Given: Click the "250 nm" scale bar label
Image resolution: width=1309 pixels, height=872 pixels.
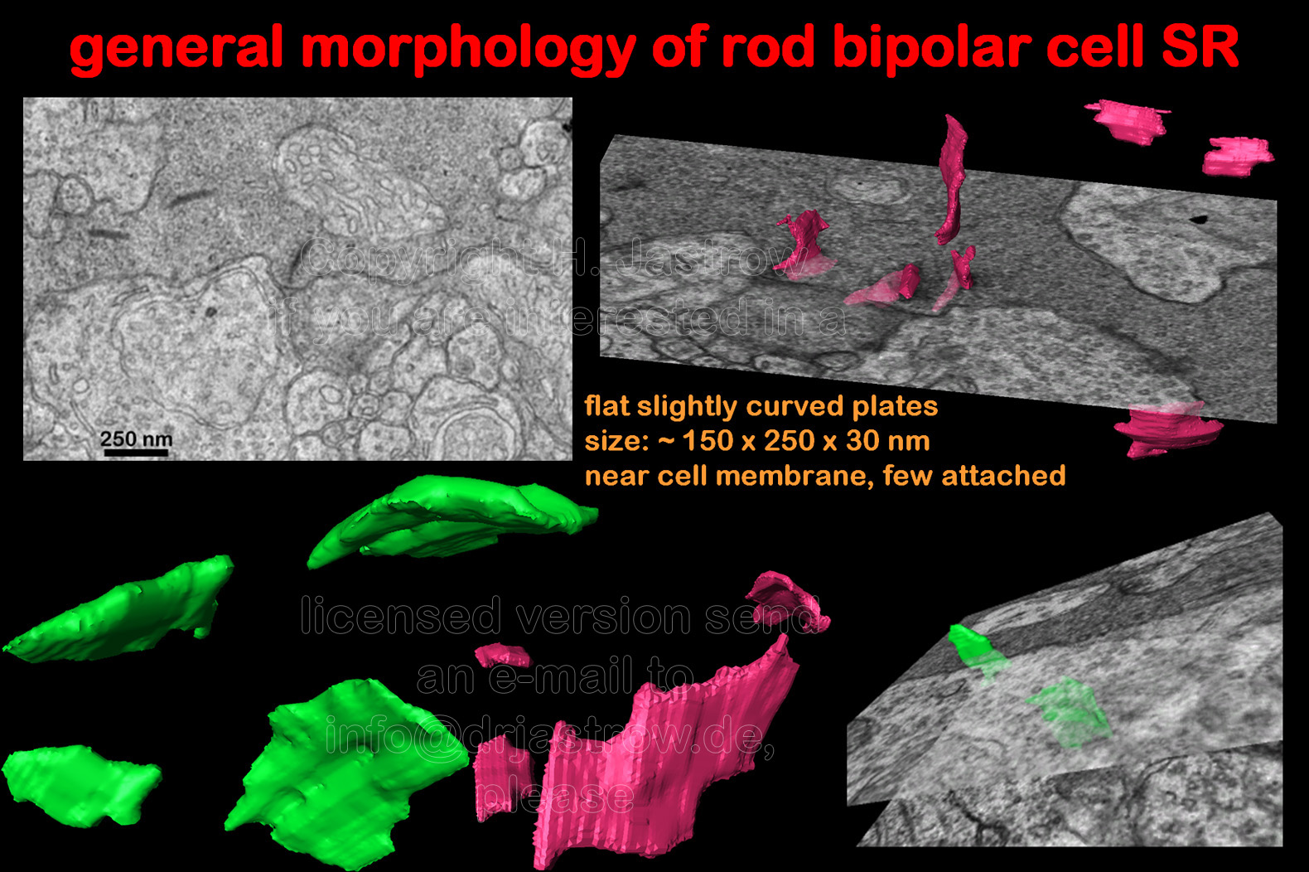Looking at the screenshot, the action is (136, 438).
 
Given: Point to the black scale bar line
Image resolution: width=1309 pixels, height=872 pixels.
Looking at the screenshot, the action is (136, 452).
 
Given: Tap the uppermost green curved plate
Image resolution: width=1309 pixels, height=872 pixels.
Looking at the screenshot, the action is (450, 517).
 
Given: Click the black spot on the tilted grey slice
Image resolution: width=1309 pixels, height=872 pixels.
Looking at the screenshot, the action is (1199, 220).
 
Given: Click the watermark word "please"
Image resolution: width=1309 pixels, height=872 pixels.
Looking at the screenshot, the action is (555, 797).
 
